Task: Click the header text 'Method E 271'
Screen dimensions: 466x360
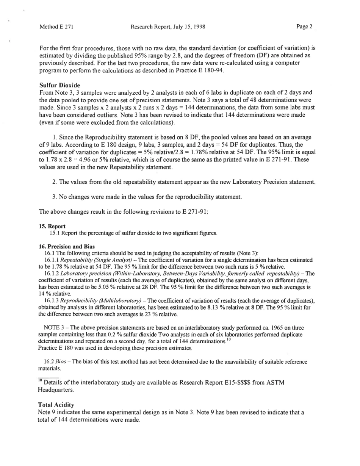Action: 56,27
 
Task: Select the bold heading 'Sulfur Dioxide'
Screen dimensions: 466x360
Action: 59,86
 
